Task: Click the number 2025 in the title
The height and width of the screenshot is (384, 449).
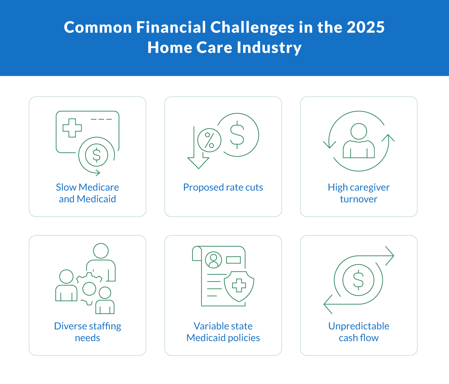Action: point(365,28)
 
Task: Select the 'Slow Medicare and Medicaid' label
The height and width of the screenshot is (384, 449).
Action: point(88,193)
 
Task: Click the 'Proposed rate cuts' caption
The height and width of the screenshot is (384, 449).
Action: point(223,187)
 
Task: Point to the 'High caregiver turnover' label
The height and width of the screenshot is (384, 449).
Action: point(359,193)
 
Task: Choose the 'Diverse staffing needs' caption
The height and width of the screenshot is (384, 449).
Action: point(88,332)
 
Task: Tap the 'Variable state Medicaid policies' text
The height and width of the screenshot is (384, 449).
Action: point(223,332)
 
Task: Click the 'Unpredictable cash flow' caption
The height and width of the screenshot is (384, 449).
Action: point(359,332)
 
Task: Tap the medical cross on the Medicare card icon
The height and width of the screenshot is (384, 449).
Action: point(72,128)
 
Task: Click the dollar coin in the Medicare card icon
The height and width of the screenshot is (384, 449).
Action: point(97,155)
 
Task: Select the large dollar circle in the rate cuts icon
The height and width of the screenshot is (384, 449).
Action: point(237,135)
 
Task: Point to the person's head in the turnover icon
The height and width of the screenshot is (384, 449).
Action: point(359,131)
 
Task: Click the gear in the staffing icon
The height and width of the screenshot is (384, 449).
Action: point(89,289)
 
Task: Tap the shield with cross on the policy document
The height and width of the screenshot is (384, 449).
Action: point(239,286)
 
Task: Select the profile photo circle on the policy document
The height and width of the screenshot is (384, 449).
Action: point(214,260)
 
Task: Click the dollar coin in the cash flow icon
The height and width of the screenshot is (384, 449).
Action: point(358,280)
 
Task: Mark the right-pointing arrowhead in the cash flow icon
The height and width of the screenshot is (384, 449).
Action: point(390,256)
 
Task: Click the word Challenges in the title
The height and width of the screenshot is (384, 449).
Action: point(252,28)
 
